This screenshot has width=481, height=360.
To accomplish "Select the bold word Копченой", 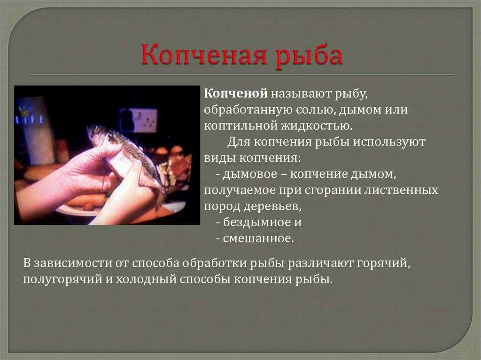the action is coord(236,93).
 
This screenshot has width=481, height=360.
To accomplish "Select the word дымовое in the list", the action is coord(250,174).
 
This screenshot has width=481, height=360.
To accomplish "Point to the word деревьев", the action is coord(272,207).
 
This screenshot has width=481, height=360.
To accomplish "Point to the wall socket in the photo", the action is coord(139,120).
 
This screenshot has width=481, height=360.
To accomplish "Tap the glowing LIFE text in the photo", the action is coord(30,118).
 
